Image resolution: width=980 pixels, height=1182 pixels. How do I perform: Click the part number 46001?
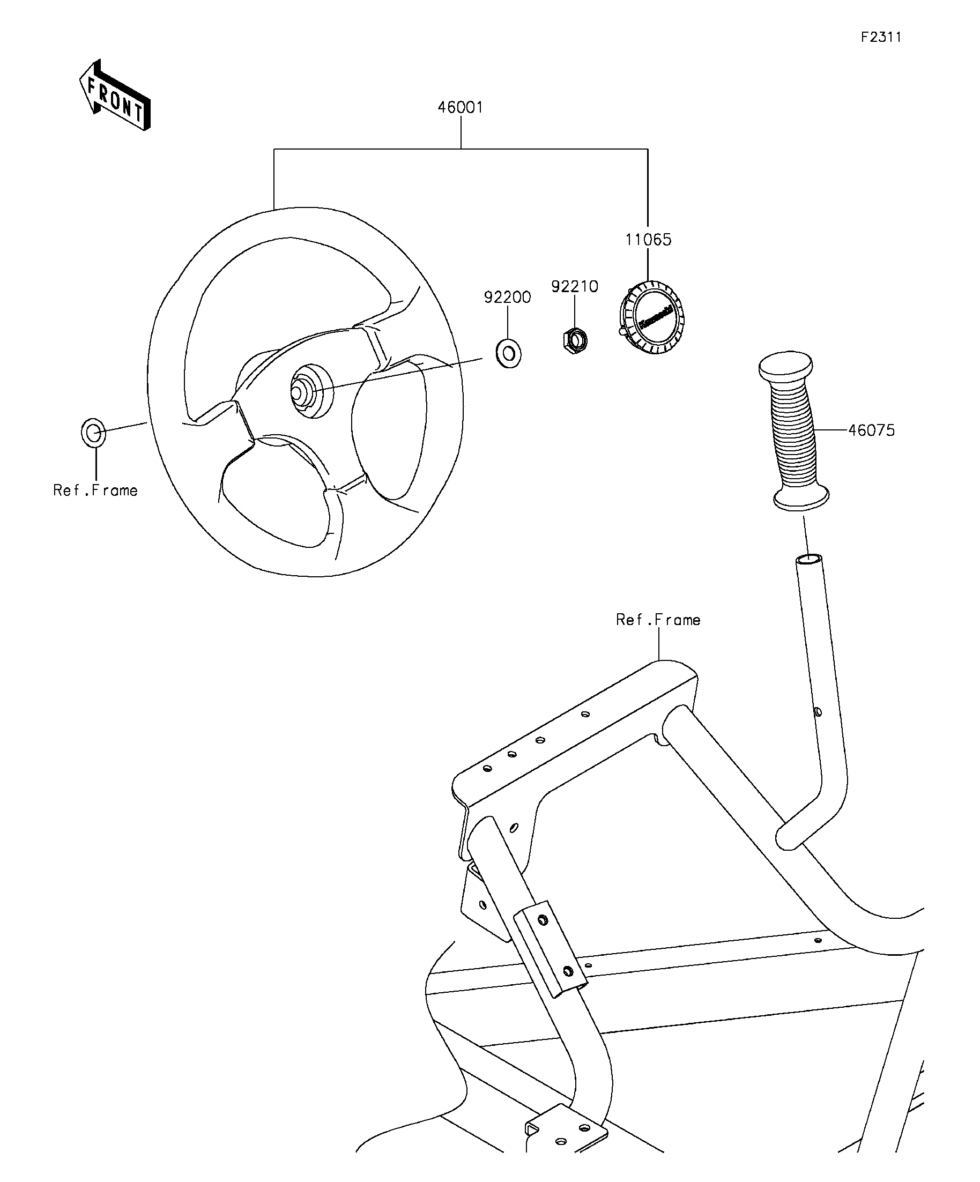[461, 107]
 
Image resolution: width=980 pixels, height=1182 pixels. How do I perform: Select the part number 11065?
[648, 240]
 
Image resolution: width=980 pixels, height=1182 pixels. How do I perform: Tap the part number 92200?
[507, 297]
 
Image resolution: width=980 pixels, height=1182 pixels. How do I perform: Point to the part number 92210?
[574, 286]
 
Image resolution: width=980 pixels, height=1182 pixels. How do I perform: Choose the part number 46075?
[871, 430]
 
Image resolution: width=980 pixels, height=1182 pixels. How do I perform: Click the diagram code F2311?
[881, 37]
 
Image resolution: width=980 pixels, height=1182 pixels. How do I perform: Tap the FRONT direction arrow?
[115, 95]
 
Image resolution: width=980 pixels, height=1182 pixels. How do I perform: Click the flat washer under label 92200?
[508, 353]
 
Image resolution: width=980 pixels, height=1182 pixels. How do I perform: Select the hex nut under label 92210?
[575, 339]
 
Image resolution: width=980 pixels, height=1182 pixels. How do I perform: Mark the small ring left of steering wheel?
[93, 433]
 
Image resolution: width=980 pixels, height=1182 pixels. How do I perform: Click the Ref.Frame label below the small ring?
[95, 490]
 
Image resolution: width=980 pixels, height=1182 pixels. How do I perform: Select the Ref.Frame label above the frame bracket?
[658, 620]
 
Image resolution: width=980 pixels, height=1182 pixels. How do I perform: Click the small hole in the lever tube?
[818, 712]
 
